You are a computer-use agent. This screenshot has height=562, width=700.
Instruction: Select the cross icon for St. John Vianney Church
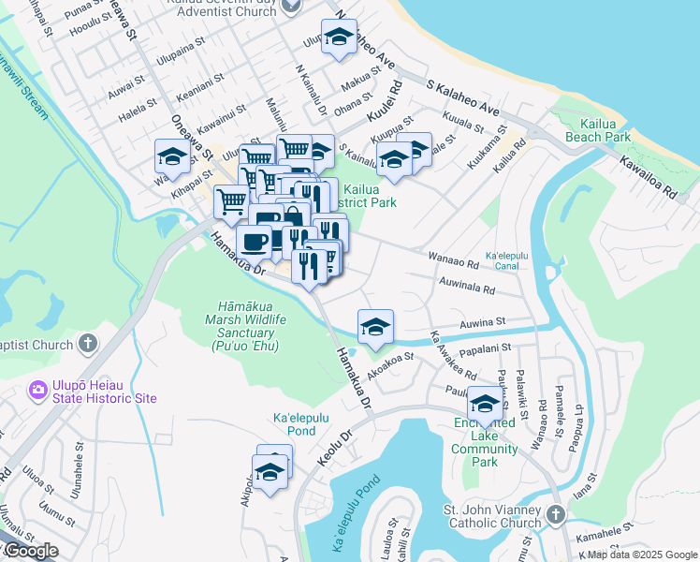pyautogui.click(x=555, y=515)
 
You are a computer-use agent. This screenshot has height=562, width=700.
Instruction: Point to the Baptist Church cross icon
pyautogui.click(x=87, y=344)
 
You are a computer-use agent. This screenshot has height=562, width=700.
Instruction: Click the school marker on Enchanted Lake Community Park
pyautogui.click(x=485, y=403)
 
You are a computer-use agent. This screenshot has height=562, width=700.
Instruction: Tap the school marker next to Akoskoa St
pyautogui.click(x=375, y=326)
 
